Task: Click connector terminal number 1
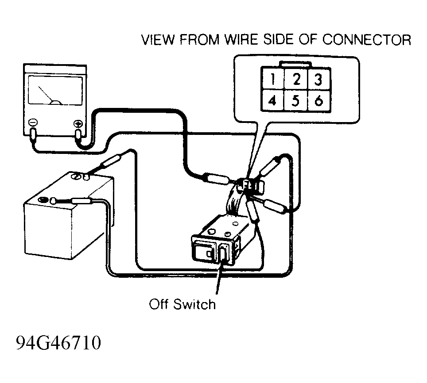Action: pos(272,79)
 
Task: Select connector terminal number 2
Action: pos(296,79)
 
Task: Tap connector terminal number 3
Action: pos(318,79)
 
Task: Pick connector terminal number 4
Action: pos(272,100)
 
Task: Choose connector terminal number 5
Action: pos(296,100)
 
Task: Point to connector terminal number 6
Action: pos(318,100)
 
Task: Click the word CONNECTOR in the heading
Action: pos(367,40)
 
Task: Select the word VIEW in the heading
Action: pos(158,40)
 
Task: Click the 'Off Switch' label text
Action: pos(182,304)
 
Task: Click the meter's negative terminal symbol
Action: pos(33,123)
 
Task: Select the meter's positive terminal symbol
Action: pos(78,124)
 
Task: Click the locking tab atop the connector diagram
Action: pos(295,64)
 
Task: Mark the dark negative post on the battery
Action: pos(43,200)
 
